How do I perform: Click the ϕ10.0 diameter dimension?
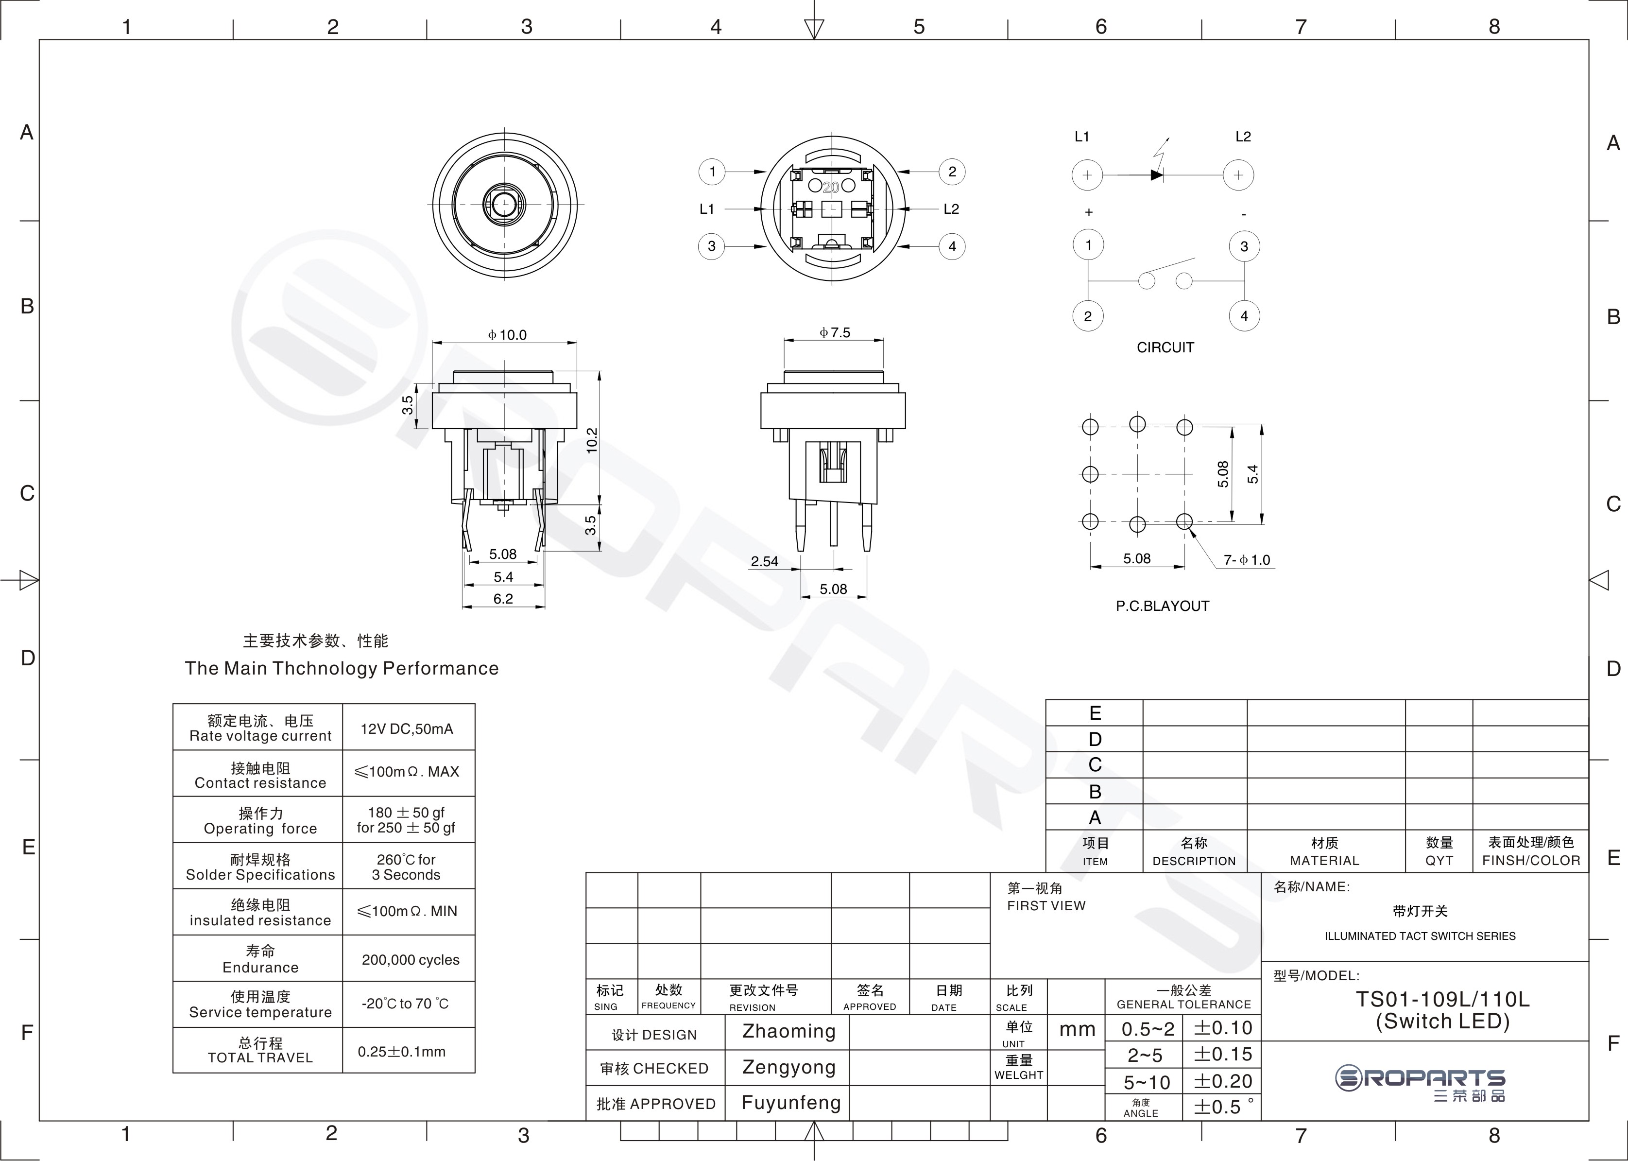(x=507, y=334)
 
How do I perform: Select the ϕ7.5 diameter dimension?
(x=835, y=332)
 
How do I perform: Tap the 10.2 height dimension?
(x=591, y=440)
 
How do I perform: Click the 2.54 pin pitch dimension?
(x=764, y=561)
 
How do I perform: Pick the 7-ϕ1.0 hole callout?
(x=1247, y=560)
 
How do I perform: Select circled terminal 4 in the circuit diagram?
(x=1244, y=316)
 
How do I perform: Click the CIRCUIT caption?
(x=1165, y=347)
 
